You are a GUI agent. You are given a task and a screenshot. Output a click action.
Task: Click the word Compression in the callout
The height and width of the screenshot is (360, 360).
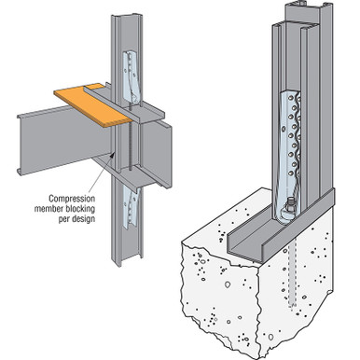click(72, 199)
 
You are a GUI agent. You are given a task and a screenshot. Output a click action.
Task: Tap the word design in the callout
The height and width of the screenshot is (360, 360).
click(82, 218)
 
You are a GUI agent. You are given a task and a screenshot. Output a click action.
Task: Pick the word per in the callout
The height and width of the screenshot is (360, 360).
click(63, 219)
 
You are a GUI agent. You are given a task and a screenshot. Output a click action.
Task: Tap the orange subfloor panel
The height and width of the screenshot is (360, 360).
click(93, 105)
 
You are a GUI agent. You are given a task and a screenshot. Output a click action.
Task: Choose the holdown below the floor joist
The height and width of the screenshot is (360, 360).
click(132, 208)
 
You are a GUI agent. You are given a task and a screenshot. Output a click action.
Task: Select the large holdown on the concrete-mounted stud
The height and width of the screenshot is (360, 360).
click(287, 157)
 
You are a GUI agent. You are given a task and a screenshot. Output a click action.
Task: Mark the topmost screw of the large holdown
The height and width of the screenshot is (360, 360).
click(290, 98)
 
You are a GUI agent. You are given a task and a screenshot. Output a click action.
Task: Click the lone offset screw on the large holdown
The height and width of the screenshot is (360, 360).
click(283, 128)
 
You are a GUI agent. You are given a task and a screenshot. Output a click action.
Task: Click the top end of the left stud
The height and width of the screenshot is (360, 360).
click(127, 16)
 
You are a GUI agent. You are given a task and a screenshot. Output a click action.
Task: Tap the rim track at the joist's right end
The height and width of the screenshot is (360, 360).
click(156, 152)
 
